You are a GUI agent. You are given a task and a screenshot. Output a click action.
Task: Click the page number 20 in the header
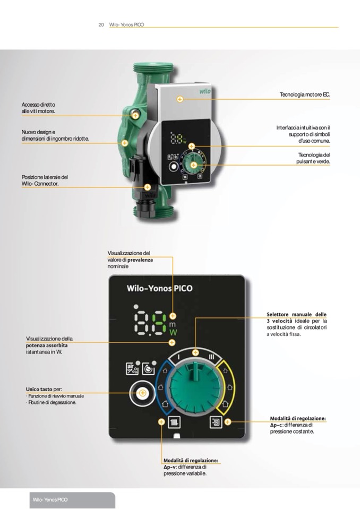point(101,24)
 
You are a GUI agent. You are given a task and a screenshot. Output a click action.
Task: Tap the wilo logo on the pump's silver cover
point(204,91)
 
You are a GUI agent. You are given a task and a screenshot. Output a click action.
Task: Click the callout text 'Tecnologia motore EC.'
point(304,94)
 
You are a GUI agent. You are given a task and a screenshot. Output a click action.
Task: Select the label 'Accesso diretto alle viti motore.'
point(38,108)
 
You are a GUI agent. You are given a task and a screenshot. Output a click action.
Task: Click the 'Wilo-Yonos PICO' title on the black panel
point(159,289)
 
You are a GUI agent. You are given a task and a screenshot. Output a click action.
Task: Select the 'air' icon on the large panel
point(131,369)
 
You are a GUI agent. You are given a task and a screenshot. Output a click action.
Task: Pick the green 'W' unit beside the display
point(172,333)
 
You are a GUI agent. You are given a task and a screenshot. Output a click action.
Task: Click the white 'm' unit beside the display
point(172,324)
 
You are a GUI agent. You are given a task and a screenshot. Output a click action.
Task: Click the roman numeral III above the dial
point(212,357)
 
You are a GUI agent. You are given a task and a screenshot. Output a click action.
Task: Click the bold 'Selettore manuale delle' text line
point(296,314)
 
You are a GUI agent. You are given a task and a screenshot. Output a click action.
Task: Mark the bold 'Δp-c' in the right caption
point(276,425)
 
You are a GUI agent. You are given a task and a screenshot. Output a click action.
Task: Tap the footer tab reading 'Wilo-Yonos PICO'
point(50,501)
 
